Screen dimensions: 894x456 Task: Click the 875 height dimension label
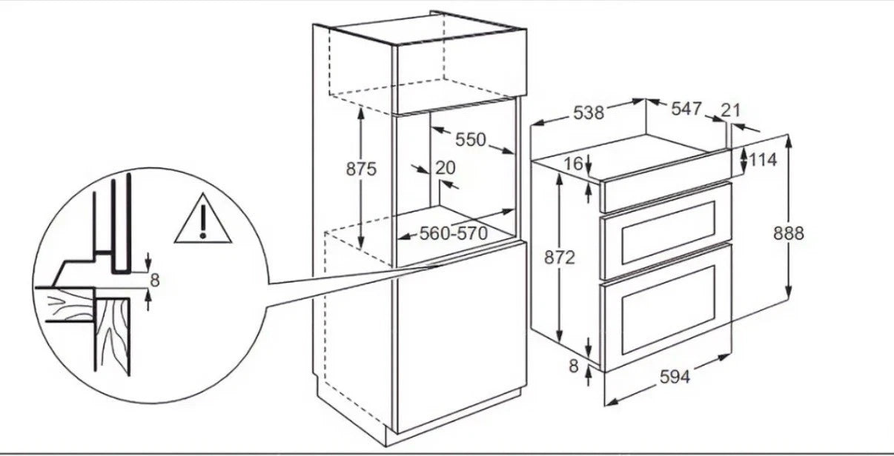tap(361, 169)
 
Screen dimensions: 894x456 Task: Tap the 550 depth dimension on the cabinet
tap(471, 139)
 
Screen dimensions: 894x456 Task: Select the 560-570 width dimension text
tap(454, 233)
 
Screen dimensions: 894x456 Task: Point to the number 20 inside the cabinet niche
tap(445, 168)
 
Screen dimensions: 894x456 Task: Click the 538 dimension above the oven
tap(589, 113)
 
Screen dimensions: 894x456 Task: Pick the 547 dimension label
tap(686, 108)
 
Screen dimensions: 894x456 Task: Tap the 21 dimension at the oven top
tap(731, 110)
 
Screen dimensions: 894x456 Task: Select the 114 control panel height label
tap(763, 160)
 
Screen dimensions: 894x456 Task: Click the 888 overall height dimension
tap(789, 233)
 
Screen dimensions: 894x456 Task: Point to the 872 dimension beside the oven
tap(560, 258)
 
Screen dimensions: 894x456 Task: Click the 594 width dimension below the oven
tap(675, 376)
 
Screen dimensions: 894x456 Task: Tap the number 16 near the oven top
tap(574, 164)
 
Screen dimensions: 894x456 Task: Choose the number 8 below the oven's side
tap(574, 366)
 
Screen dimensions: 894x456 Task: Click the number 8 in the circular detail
tap(155, 281)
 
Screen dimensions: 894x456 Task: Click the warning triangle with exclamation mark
tap(203, 218)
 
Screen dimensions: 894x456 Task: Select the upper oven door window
tap(669, 232)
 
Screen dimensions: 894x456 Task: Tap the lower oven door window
tap(669, 310)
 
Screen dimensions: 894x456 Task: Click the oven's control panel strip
tap(666, 181)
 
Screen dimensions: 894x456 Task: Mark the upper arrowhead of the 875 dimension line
tap(361, 112)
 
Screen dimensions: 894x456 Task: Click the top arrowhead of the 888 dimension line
tap(788, 141)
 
